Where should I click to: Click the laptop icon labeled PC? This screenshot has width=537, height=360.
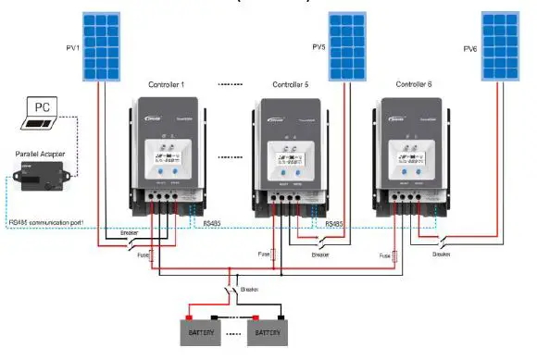coord(41,112)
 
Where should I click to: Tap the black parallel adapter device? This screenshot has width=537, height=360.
coord(41,178)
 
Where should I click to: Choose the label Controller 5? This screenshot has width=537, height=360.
coord(292,84)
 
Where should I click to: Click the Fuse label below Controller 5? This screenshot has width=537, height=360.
coord(264,252)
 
